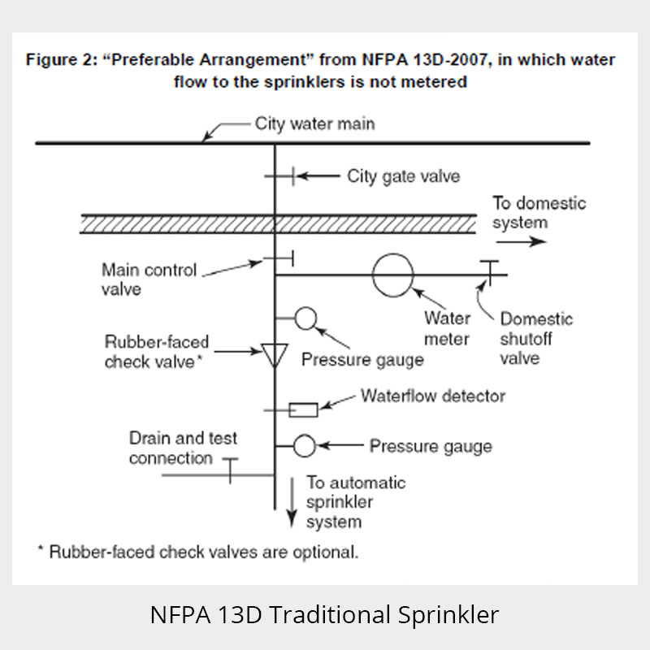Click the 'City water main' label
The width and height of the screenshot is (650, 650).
tap(315, 123)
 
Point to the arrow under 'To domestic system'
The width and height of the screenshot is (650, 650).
tap(521, 241)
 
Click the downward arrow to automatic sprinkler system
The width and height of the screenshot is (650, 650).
tap(292, 502)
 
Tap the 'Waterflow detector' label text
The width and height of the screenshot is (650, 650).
tap(433, 396)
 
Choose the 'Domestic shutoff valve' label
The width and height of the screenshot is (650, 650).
tap(536, 338)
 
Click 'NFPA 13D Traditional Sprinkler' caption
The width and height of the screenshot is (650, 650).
tap(324, 614)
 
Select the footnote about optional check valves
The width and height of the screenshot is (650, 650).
tap(198, 552)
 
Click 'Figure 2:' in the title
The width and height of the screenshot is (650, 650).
tap(62, 59)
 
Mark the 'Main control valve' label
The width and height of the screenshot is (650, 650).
tap(149, 279)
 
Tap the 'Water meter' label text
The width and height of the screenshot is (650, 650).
tap(448, 328)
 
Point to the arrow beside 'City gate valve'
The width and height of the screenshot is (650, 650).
tap(318, 176)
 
